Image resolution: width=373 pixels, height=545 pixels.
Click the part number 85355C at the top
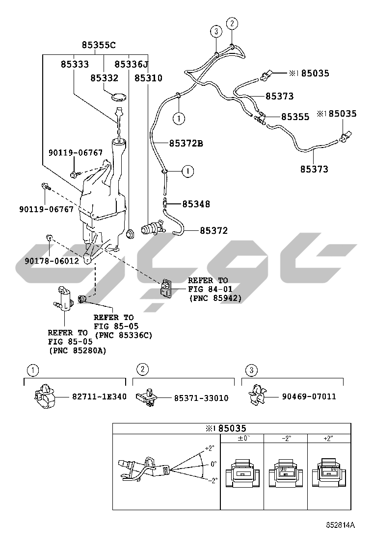99,45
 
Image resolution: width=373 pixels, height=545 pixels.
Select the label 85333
75,64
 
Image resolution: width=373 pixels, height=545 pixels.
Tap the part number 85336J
131,64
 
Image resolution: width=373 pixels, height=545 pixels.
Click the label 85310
148,78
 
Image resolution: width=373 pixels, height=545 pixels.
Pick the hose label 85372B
186,144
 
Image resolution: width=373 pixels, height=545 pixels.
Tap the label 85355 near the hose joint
295,117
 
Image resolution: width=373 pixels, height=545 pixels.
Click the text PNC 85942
215,297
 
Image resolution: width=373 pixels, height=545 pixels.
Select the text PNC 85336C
123,335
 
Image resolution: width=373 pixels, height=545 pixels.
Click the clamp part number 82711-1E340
99,396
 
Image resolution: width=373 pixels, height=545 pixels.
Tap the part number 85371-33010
201,398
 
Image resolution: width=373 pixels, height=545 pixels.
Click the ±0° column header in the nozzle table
243,438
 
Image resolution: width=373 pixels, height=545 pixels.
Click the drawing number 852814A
340,525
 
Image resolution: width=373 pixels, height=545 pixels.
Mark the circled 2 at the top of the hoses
232,23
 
